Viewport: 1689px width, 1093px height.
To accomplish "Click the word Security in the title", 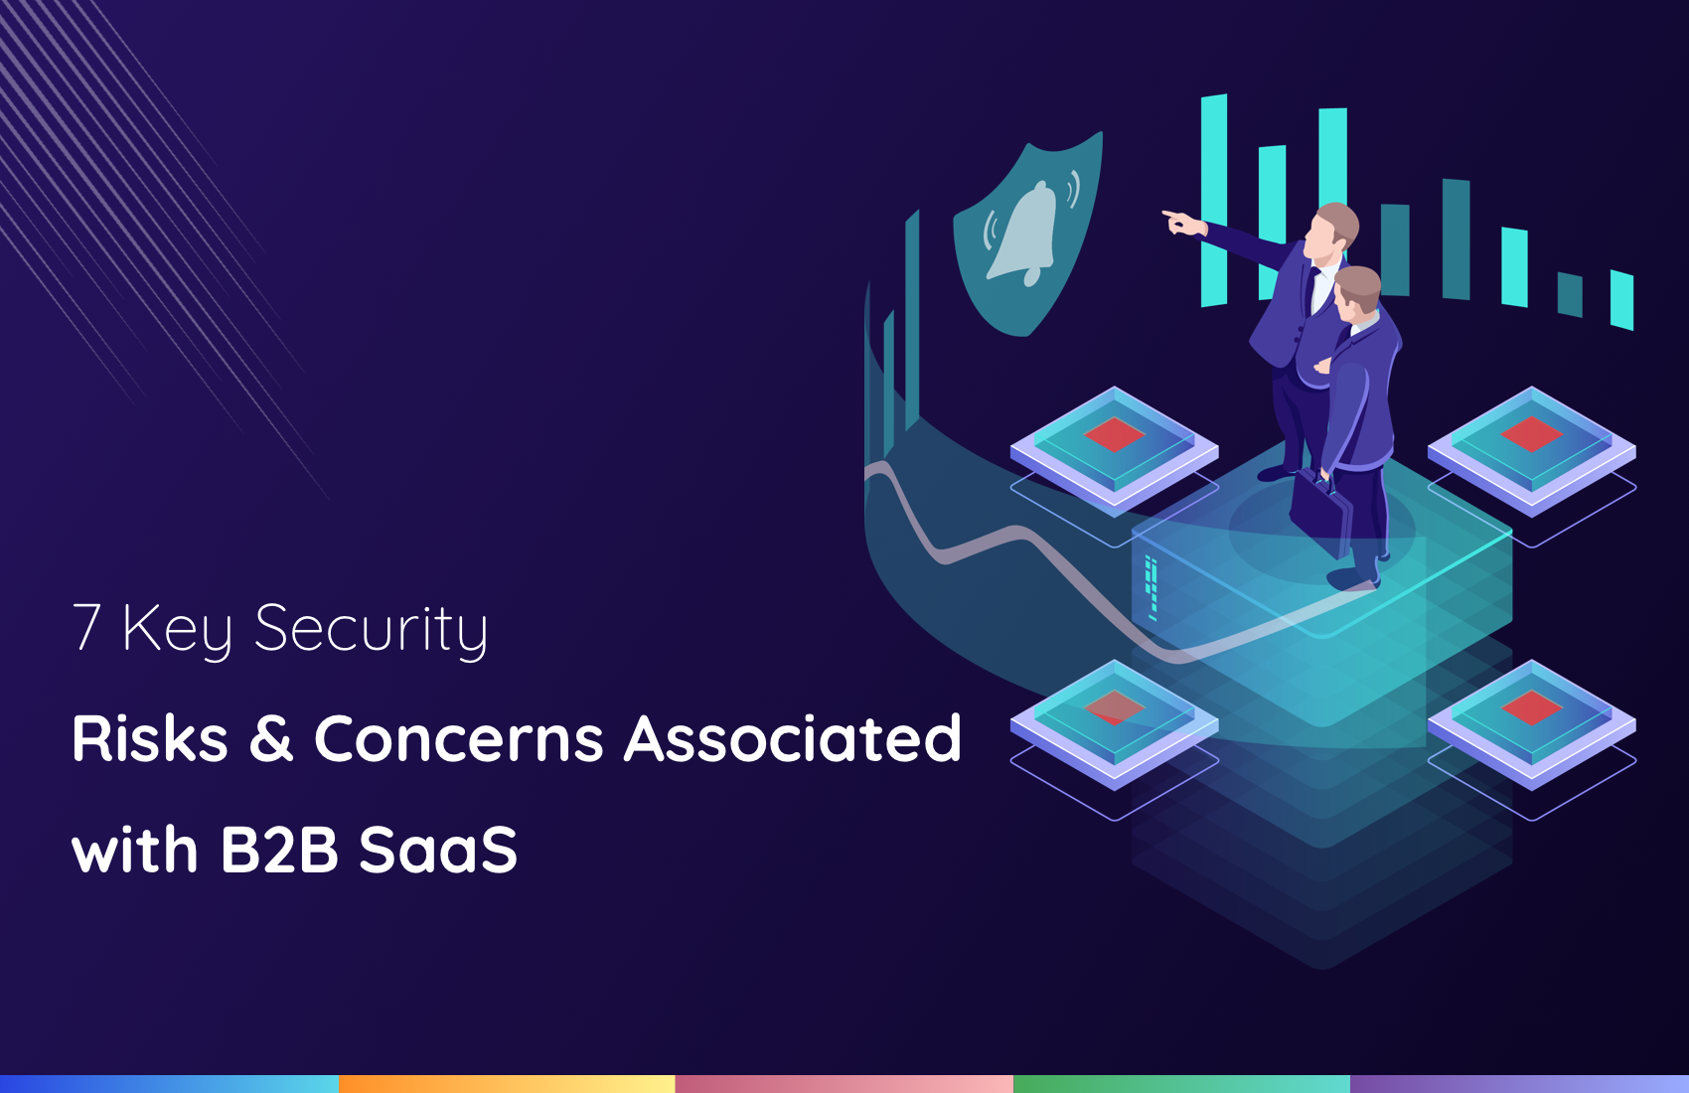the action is coord(371,631).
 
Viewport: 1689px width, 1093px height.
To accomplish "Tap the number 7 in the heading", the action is coord(86,626).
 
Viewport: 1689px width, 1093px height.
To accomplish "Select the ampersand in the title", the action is coord(270,737).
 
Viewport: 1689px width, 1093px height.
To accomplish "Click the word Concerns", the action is coord(458,738).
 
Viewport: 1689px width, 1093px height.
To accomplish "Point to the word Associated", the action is coord(792,737).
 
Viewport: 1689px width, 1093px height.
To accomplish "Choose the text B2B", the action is coord(279,851).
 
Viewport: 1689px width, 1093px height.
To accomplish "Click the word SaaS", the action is coord(438,851).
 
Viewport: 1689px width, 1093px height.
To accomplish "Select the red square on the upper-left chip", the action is coord(1115,434).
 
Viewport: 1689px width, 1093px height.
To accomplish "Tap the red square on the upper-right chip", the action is coord(1531,434).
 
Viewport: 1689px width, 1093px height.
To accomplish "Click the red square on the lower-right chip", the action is coord(1531,707).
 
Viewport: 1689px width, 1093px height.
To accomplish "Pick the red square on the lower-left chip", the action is coord(1115,707).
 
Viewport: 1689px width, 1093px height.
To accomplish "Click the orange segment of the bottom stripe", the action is coord(507,1084).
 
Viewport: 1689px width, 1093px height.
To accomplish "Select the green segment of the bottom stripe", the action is coord(1182,1084).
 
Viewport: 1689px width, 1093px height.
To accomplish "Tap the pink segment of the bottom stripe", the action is coord(844,1084).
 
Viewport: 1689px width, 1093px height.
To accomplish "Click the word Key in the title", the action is coord(178,631).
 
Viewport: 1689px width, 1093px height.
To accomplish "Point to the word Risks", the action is coord(150,737).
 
